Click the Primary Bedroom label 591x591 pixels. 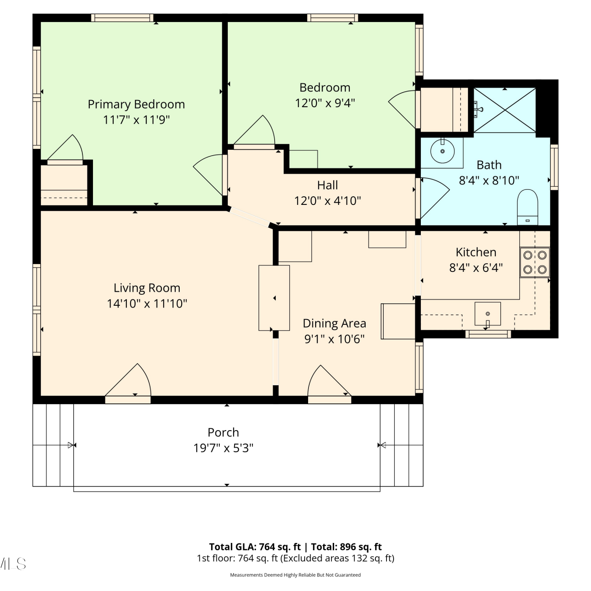136,104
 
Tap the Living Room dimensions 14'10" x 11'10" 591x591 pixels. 147,304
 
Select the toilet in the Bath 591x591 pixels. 528,207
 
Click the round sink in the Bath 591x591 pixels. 442,151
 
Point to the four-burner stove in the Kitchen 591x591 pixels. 535,262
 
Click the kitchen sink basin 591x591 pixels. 488,314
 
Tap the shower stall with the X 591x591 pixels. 505,110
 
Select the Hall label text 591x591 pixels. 328,185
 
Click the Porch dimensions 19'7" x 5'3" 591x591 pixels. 223,448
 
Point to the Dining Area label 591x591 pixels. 335,323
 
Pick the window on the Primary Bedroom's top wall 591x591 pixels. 122,18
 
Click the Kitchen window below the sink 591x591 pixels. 488,334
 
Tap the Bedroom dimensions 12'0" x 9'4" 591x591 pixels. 325,103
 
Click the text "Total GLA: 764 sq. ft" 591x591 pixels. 255,547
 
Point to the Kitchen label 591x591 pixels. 476,252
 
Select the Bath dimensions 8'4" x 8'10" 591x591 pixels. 489,180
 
